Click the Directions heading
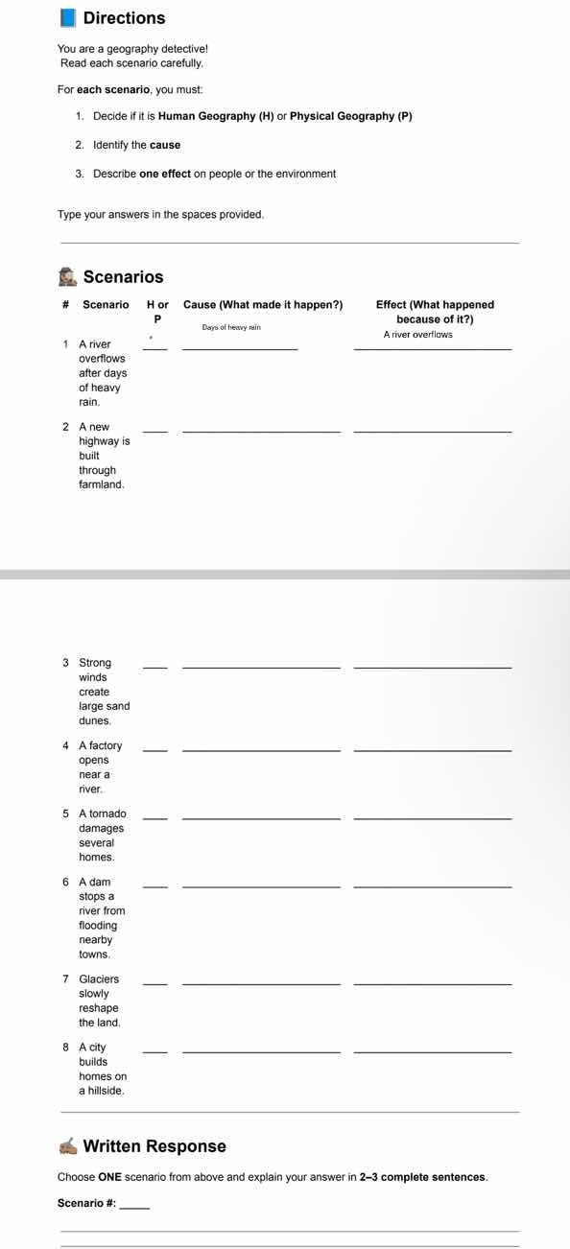click(124, 18)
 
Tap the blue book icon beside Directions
click(67, 18)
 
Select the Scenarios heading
click(123, 277)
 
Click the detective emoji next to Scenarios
click(67, 277)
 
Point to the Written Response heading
click(154, 1146)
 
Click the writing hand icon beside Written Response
click(67, 1146)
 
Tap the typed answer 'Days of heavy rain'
click(231, 328)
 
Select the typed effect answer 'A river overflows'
click(417, 335)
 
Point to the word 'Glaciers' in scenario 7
click(100, 978)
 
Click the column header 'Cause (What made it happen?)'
click(262, 305)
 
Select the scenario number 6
click(65, 882)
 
